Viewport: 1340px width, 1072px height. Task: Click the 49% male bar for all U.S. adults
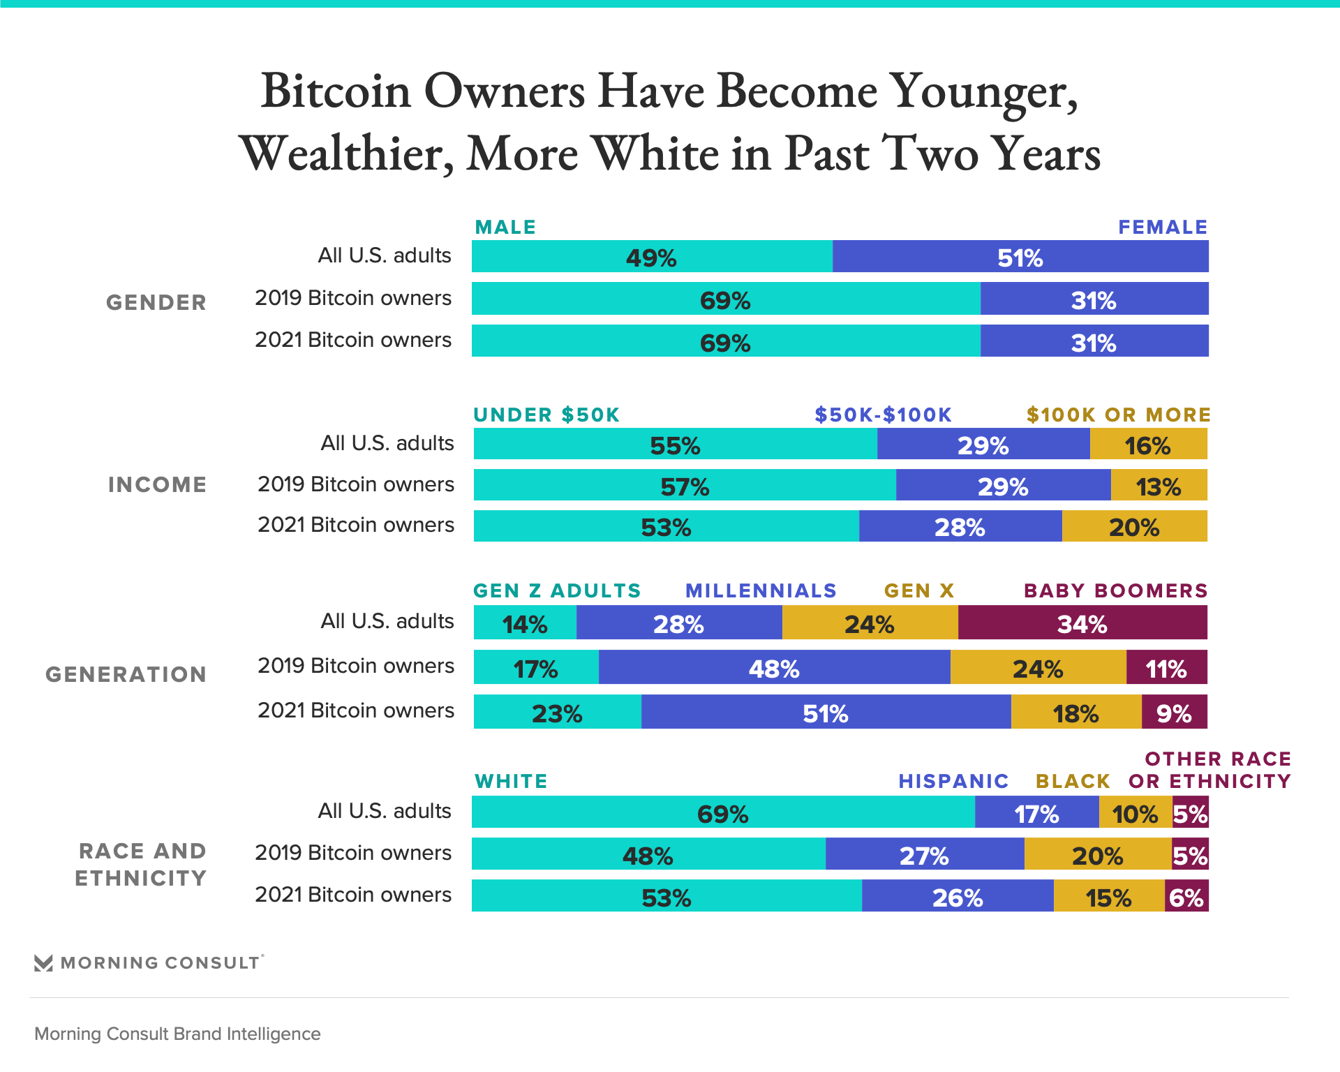click(x=652, y=257)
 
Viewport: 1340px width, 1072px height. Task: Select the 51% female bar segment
click(x=1020, y=257)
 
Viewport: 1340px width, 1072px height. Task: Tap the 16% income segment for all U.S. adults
click(x=1148, y=445)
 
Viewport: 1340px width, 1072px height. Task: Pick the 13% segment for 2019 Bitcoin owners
click(x=1159, y=485)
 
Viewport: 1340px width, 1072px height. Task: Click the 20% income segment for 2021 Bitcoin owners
click(x=1134, y=526)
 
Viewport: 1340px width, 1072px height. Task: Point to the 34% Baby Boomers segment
click(x=1082, y=623)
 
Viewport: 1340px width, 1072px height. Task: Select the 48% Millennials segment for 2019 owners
click(x=774, y=667)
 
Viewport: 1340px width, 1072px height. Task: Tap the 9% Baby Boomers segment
click(x=1174, y=712)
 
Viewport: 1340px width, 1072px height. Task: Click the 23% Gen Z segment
click(x=557, y=712)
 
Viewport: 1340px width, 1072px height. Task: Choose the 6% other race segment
click(x=1186, y=896)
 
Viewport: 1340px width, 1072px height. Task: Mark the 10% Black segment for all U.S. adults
click(x=1135, y=812)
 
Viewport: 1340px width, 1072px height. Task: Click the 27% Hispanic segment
click(x=924, y=854)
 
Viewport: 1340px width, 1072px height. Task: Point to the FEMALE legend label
click(x=1163, y=228)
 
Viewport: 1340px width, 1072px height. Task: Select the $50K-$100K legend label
click(x=883, y=415)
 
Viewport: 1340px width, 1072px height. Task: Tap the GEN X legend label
click(x=918, y=591)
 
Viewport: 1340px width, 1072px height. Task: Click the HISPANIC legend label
click(x=953, y=781)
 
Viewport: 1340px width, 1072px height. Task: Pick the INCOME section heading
click(x=157, y=484)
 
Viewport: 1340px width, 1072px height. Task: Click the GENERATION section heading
click(x=126, y=674)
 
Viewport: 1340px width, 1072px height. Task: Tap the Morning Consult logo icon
click(x=43, y=963)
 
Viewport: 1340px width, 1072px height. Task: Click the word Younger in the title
click(x=984, y=92)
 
